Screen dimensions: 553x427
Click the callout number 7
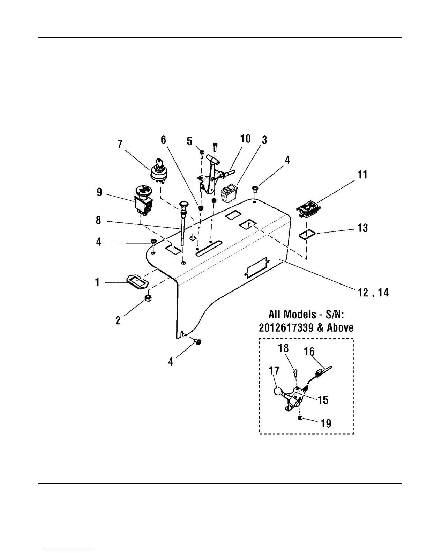(x=120, y=144)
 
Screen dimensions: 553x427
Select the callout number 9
(x=99, y=192)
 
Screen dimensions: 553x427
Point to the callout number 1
(x=97, y=282)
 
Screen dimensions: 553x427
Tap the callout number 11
(x=362, y=175)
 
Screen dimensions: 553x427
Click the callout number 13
(x=362, y=228)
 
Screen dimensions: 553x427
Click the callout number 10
(x=246, y=139)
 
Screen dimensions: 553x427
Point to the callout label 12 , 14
(x=373, y=293)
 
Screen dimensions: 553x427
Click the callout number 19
(x=325, y=423)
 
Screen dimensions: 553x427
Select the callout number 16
(x=309, y=352)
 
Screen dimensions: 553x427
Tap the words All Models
(x=288, y=314)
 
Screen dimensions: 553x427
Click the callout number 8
(x=99, y=220)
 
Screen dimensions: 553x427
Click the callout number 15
(x=323, y=400)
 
